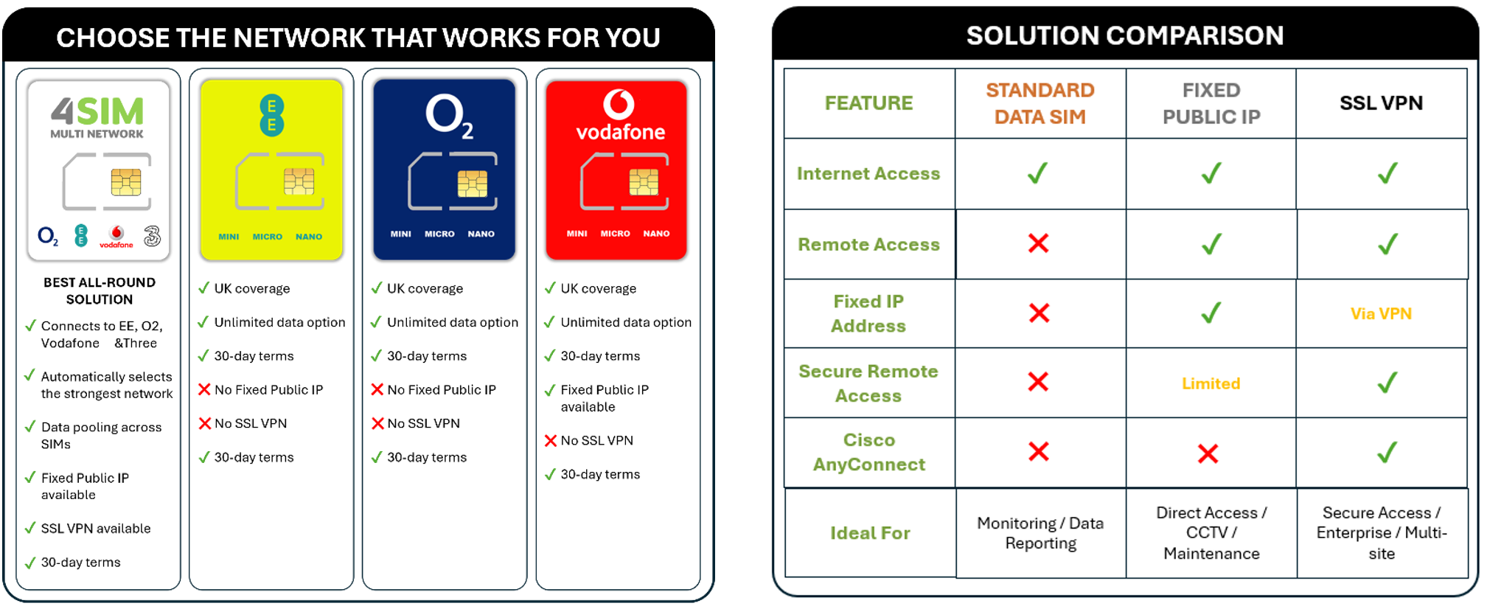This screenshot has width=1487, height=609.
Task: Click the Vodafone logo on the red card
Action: pyautogui.click(x=619, y=116)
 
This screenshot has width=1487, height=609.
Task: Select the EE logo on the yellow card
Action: pyautogui.click(x=271, y=115)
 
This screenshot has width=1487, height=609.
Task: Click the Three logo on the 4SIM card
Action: pyautogui.click(x=152, y=236)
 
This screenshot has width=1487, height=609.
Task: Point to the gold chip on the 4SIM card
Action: pyautogui.click(x=126, y=182)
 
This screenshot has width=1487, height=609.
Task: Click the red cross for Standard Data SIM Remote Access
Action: pyautogui.click(x=1038, y=243)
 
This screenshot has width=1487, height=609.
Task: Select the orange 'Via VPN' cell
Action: pyautogui.click(x=1381, y=314)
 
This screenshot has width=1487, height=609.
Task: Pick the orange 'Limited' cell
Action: pyautogui.click(x=1211, y=383)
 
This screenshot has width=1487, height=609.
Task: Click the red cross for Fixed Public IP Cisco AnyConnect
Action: pyautogui.click(x=1208, y=453)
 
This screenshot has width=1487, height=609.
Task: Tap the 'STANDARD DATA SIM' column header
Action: pyautogui.click(x=1039, y=103)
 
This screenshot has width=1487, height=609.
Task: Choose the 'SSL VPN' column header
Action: pyautogui.click(x=1381, y=102)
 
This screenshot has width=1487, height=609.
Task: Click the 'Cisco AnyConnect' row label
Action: pyautogui.click(x=868, y=452)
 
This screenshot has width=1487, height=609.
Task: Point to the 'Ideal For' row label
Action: pyautogui.click(x=870, y=533)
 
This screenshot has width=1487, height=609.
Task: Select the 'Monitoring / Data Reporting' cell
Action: pyautogui.click(x=1040, y=533)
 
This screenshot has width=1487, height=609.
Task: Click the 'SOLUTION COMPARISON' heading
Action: pyautogui.click(x=1125, y=35)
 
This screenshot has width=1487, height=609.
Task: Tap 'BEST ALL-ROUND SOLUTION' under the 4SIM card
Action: pyautogui.click(x=100, y=290)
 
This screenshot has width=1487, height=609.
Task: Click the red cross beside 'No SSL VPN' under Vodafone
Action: pyautogui.click(x=550, y=441)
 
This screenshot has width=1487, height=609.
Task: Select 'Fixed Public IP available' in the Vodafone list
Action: pyautogui.click(x=605, y=398)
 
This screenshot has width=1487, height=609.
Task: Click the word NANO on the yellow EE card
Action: pyautogui.click(x=309, y=237)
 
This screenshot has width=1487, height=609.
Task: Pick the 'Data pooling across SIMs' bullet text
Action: pyautogui.click(x=101, y=435)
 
